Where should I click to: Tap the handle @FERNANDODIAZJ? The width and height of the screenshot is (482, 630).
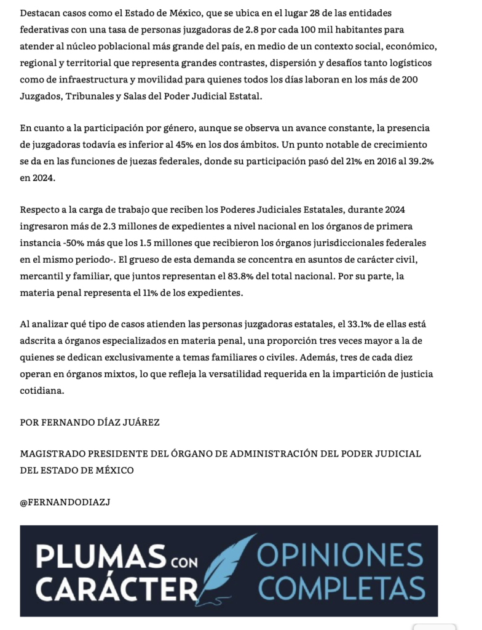(65, 502)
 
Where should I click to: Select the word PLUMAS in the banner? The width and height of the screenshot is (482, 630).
(100, 557)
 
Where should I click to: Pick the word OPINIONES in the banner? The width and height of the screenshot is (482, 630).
(340, 557)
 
